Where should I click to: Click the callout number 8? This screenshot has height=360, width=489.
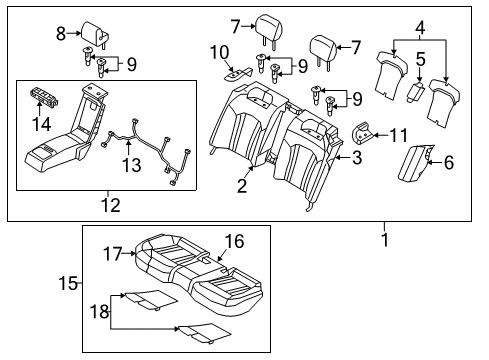tap(61, 33)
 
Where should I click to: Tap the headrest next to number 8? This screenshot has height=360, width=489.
tap(96, 34)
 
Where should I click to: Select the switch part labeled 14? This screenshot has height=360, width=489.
tap(44, 96)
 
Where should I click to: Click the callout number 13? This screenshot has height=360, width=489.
tap(131, 165)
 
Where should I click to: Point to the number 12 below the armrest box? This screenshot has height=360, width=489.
tap(111, 205)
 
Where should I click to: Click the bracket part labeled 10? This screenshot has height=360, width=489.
tap(238, 74)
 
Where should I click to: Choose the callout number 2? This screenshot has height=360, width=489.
tap(242, 185)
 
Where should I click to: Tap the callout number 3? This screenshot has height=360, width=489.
tap(357, 157)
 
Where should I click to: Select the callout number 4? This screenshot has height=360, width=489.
tap(421, 27)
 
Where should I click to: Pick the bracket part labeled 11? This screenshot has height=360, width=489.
tap(363, 133)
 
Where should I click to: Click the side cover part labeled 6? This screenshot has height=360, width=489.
tap(415, 163)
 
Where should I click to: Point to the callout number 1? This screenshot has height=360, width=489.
tap(385, 240)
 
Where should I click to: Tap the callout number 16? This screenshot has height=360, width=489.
tap(235, 241)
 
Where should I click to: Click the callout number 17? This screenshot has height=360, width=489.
tap(112, 254)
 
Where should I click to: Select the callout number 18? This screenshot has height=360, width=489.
tap(99, 312)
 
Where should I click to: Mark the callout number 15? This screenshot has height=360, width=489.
tap(68, 283)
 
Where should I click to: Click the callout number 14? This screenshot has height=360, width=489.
tap(42, 124)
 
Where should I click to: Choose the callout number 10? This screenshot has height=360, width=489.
tap(220, 52)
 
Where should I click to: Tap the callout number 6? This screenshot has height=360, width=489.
tap(449, 162)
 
